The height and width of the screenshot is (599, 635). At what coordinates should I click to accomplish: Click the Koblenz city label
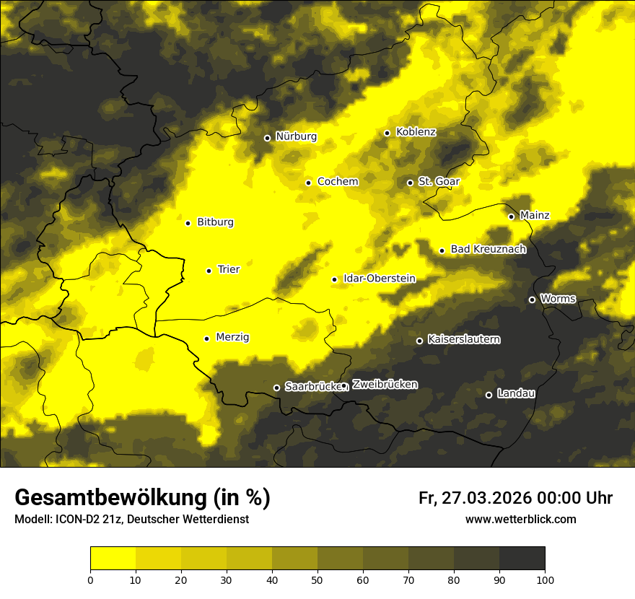click(416, 132)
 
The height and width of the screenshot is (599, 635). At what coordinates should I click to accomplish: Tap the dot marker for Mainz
click(511, 217)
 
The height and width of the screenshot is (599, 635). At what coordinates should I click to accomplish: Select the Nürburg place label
click(296, 136)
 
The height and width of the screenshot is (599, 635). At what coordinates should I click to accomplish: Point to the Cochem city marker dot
click(308, 183)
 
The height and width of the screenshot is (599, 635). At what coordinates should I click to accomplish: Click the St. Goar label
click(439, 181)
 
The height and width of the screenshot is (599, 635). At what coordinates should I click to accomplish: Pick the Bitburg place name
click(215, 222)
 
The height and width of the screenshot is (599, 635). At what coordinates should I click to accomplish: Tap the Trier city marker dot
click(209, 271)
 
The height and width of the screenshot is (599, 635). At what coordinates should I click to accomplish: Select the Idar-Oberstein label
click(379, 278)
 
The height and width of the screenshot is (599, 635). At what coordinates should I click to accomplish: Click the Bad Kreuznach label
click(488, 249)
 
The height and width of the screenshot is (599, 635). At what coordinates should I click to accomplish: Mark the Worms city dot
click(532, 299)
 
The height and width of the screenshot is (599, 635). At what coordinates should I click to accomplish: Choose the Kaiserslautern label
click(463, 339)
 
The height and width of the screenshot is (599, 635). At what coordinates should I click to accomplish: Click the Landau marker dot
click(489, 395)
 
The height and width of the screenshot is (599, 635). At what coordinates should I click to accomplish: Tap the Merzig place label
click(233, 337)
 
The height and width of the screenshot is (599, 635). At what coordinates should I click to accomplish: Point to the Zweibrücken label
click(385, 385)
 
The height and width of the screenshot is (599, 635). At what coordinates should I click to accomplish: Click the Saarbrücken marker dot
click(276, 388)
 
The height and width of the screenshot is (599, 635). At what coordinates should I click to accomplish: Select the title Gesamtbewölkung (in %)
click(142, 497)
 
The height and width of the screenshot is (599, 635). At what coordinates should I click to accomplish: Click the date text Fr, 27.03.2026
click(475, 498)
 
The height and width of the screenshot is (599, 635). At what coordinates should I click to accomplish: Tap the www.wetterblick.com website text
click(520, 519)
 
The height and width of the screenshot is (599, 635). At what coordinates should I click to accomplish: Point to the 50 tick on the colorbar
click(317, 580)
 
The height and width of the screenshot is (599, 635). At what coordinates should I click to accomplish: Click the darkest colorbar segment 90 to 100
click(522, 558)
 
